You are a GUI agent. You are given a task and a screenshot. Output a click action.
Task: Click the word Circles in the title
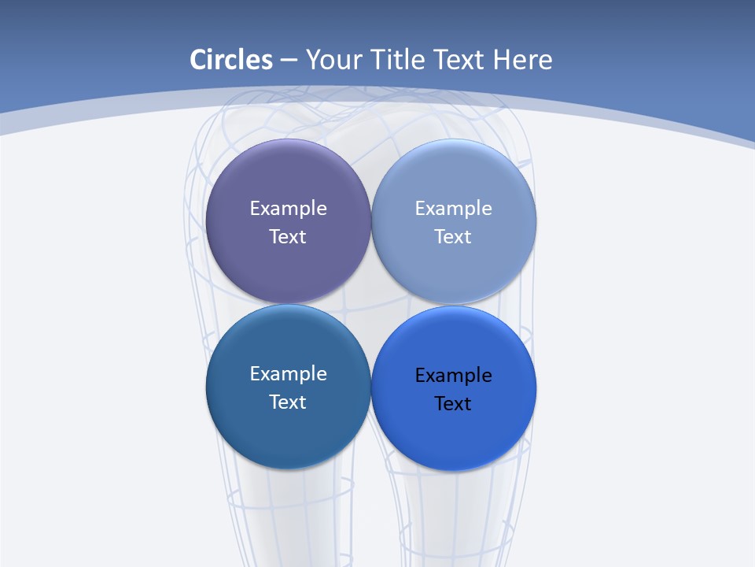pyautogui.click(x=231, y=60)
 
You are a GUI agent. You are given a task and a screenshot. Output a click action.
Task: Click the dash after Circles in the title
pyautogui.click(x=289, y=61)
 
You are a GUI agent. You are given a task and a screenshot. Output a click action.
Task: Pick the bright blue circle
pyautogui.click(x=454, y=437)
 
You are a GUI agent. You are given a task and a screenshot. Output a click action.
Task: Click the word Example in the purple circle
pyautogui.click(x=288, y=209)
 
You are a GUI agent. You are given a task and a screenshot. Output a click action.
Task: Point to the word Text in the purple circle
pyautogui.click(x=288, y=237)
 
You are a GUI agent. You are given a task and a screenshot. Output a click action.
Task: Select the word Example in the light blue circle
pyautogui.click(x=453, y=209)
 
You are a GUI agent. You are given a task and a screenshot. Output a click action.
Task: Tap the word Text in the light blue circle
pyautogui.click(x=453, y=237)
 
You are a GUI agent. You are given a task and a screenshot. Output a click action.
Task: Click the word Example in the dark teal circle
pyautogui.click(x=288, y=374)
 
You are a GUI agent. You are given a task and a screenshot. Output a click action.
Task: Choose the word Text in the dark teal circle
pyautogui.click(x=288, y=402)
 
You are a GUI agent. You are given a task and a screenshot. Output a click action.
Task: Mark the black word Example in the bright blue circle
pyautogui.click(x=453, y=376)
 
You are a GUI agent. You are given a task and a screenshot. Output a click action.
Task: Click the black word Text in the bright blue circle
pyautogui.click(x=453, y=404)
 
